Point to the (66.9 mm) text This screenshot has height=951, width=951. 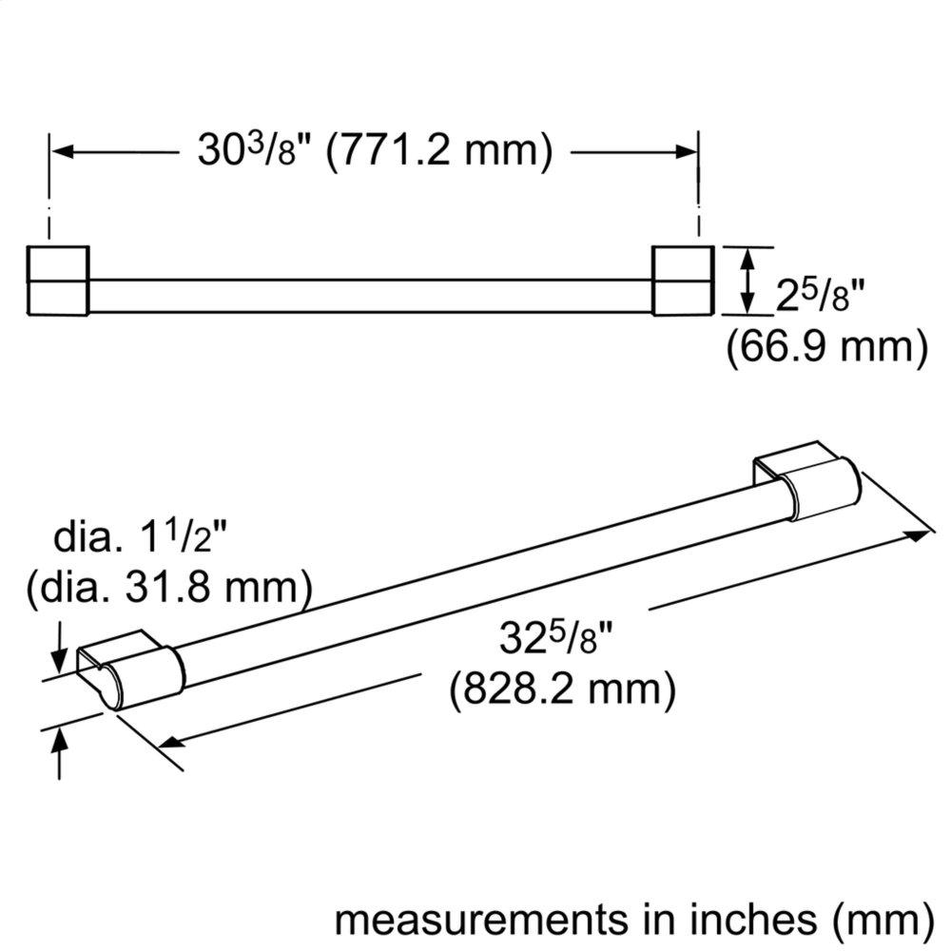point(826,347)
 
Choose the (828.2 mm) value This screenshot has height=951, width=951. point(563,688)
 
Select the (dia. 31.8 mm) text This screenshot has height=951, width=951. point(170,589)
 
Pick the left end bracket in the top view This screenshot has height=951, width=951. point(58,281)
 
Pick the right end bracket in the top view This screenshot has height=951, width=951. point(681,281)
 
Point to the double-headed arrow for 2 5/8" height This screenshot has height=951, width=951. point(749,281)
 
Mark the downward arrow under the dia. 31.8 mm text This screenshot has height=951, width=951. point(60,647)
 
